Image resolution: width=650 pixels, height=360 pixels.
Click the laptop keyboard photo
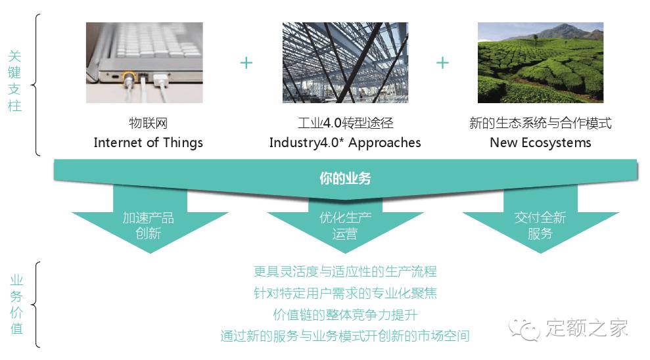point(144,62)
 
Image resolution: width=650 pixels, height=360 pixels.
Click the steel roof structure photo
point(344,62)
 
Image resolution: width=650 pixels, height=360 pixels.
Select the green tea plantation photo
point(540,62)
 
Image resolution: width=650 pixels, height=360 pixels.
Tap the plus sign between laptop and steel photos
point(246,62)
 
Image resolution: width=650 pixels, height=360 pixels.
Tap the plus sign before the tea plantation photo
point(443,62)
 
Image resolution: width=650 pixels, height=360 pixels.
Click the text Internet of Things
point(148,143)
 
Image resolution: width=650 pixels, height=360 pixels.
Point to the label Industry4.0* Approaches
point(345,143)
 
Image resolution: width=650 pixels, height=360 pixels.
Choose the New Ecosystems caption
point(540,143)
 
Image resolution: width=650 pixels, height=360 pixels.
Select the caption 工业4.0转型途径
point(345,123)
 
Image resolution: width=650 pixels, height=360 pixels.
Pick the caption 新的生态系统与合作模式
point(540,123)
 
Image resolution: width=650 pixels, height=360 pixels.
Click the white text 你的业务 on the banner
point(345,178)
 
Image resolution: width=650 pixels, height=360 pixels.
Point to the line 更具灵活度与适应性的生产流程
point(345,271)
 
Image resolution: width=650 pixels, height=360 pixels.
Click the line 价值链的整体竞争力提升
point(345,315)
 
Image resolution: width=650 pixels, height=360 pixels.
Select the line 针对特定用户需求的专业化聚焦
point(345,293)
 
